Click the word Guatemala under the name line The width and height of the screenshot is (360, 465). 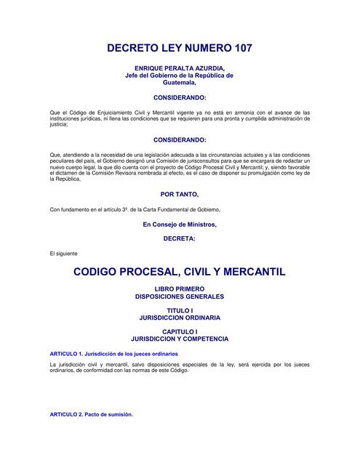coord(179,82)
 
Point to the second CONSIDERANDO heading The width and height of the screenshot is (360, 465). coord(180,139)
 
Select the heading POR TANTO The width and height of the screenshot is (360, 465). coord(179,195)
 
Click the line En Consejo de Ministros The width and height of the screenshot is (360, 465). coord(180,224)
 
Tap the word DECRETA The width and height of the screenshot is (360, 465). coord(180,238)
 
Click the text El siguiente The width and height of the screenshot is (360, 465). coord(63,253)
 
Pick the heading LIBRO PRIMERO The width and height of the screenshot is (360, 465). coord(180,289)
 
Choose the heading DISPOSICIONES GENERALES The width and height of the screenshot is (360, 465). coord(180,296)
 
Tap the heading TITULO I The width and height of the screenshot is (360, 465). coord(180,311)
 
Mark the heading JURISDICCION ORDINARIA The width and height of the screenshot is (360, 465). coord(180,318)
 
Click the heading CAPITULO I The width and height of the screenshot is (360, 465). coord(180,332)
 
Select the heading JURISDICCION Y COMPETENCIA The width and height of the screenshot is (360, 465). coord(180,339)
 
